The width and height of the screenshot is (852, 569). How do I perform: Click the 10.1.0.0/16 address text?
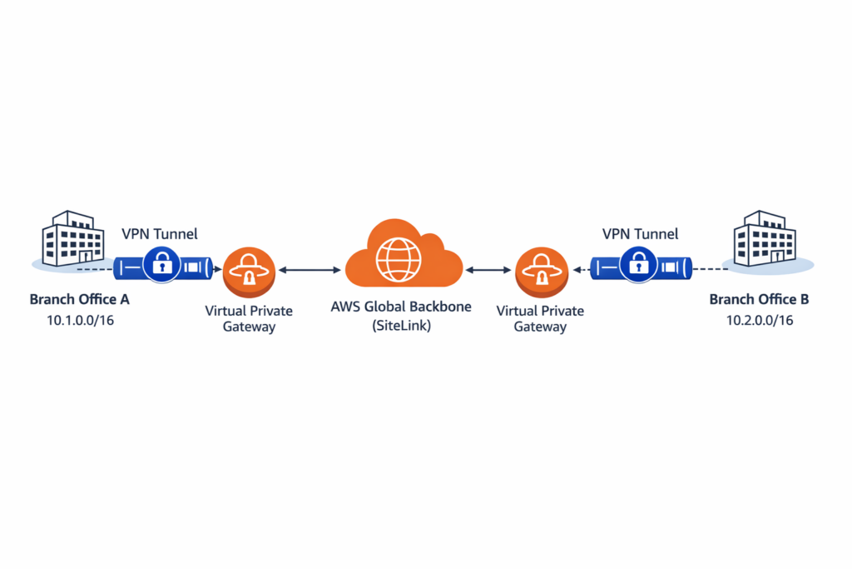[x=80, y=320]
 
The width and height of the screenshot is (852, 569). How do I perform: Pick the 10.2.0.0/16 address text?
[x=759, y=320]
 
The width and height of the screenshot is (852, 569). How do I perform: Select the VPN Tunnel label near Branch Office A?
[x=160, y=234]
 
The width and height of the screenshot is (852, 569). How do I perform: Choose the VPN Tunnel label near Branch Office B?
[x=640, y=234]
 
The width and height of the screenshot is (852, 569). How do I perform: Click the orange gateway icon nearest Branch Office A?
[x=247, y=271]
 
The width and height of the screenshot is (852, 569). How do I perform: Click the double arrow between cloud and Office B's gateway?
[x=489, y=270]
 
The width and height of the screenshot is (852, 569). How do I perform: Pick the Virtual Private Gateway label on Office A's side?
[x=249, y=319]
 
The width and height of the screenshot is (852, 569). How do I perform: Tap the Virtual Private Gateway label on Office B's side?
[x=540, y=319]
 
